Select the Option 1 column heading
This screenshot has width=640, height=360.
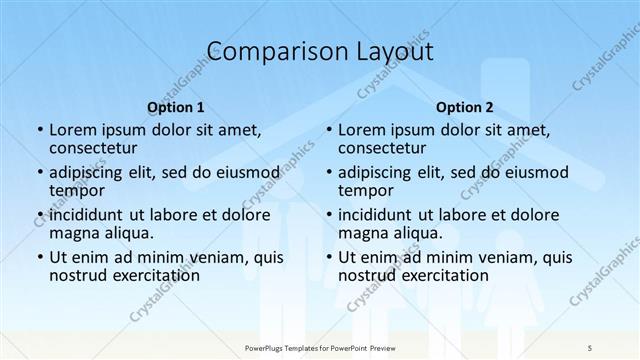point(176,107)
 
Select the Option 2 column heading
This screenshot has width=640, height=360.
point(465,107)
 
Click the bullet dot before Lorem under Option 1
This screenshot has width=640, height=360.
point(39,130)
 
